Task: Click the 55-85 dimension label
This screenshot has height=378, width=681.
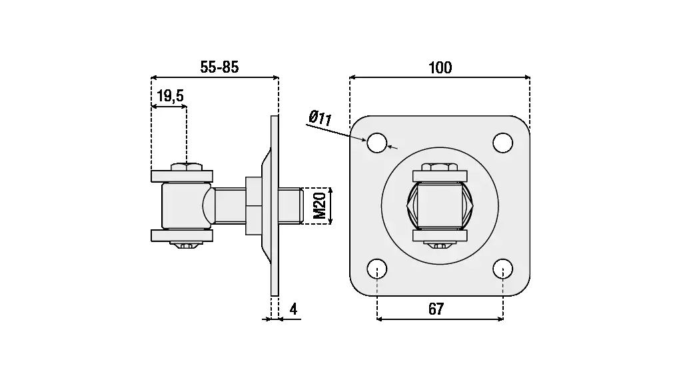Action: (x=219, y=67)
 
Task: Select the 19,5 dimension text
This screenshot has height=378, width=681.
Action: (x=169, y=97)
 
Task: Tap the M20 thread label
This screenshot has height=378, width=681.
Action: (x=321, y=206)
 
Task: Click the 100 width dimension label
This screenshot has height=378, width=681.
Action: (x=440, y=67)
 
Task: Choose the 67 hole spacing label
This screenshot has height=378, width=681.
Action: (x=436, y=309)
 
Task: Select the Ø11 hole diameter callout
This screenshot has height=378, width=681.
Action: (x=321, y=119)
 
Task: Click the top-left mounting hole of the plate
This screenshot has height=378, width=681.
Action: (x=377, y=142)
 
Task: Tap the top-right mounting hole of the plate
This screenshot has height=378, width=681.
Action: (x=502, y=142)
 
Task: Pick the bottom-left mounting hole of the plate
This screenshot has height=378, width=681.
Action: (x=377, y=269)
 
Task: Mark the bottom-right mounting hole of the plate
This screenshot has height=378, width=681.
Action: (x=502, y=269)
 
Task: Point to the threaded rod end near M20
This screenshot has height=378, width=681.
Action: (x=293, y=206)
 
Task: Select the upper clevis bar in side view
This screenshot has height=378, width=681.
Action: (x=181, y=176)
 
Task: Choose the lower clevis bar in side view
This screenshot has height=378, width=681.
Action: (x=181, y=235)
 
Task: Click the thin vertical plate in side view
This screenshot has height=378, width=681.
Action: (x=275, y=206)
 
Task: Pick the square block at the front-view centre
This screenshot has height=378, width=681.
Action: (x=439, y=205)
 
